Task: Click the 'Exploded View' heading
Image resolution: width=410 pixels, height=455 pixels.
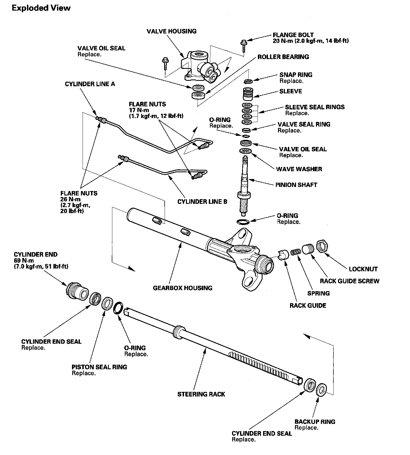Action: [x=41, y=8]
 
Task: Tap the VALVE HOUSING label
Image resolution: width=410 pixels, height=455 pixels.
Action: [x=171, y=31]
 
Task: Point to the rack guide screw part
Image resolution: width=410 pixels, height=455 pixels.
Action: [x=307, y=249]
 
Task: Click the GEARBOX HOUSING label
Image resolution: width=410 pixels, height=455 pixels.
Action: [x=182, y=288]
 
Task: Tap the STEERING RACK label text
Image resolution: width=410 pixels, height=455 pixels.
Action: [x=201, y=394]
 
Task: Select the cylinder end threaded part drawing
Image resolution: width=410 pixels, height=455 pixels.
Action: [x=77, y=291]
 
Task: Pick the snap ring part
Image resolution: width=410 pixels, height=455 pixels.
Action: [x=248, y=81]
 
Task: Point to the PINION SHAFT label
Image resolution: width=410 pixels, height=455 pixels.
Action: [x=296, y=185]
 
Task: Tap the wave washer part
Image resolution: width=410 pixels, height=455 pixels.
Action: [x=246, y=151]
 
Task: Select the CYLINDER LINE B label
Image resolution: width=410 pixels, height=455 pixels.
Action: [x=202, y=202]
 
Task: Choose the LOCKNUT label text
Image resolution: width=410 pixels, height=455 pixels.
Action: [x=363, y=269]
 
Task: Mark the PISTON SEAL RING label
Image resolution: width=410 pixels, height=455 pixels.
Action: [x=99, y=367]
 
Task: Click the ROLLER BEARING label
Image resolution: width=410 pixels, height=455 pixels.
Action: [x=283, y=57]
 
